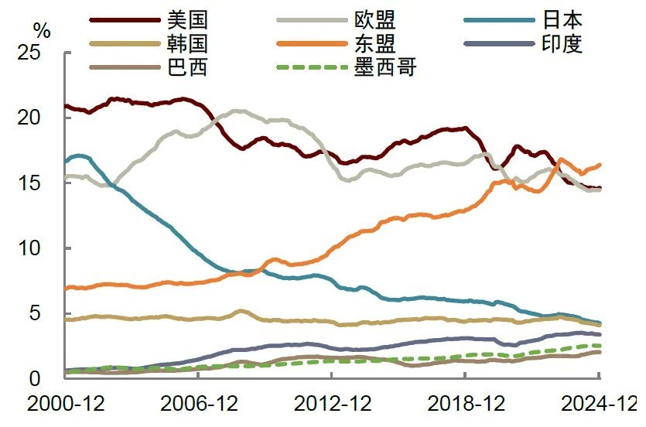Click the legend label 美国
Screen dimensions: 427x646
click(x=186, y=18)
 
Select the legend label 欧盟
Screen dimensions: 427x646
click(x=374, y=18)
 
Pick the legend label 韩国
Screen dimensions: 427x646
click(x=186, y=43)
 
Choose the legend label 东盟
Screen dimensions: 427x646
click(x=374, y=43)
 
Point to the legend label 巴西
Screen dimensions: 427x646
click(x=186, y=67)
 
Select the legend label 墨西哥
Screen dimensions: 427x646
click(x=385, y=67)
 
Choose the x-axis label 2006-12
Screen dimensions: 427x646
click(x=198, y=404)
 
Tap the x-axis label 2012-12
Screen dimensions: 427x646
click(x=331, y=404)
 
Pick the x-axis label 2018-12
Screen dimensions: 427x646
click(x=465, y=404)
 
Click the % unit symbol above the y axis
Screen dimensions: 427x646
click(x=42, y=32)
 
